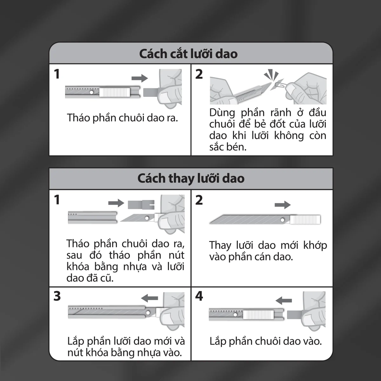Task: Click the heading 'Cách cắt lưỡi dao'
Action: coord(188,54)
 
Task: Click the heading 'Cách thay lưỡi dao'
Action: coord(191,178)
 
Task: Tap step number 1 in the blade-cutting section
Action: coord(57,74)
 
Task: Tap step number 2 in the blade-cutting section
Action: coord(199,74)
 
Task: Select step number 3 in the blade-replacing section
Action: coord(57,296)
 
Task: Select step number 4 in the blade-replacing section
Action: coord(199,296)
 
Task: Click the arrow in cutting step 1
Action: coord(140,78)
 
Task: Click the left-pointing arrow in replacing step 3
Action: coord(149,298)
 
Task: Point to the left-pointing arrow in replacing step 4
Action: coord(284,300)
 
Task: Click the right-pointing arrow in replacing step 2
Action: coord(283,205)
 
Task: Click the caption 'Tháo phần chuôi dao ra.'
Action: coord(123,118)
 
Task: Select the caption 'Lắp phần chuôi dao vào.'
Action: coord(265,341)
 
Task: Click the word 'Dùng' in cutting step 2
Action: coord(222,113)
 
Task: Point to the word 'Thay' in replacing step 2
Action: coord(220,245)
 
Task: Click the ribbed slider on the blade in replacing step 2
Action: coord(305,220)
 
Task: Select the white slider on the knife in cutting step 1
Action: coord(115,92)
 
